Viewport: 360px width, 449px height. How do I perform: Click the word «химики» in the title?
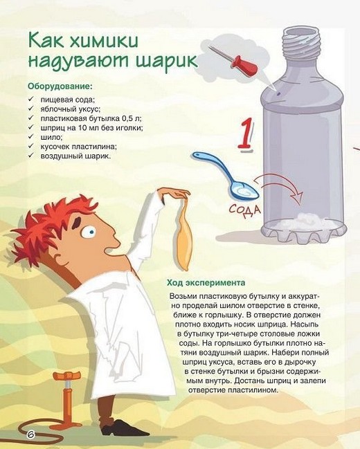point(105,41)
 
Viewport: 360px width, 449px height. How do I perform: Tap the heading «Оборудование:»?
point(60,86)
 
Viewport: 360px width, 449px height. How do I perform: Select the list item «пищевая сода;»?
point(68,100)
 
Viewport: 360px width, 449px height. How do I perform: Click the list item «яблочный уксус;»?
point(71,109)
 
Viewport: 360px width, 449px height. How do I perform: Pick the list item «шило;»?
point(51,137)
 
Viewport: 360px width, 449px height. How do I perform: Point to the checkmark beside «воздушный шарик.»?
point(31,156)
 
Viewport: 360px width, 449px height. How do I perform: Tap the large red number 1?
point(245,134)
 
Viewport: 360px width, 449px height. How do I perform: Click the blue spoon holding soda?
point(226,175)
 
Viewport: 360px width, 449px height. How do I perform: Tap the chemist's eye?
point(89,231)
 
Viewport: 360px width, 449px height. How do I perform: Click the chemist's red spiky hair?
point(50,224)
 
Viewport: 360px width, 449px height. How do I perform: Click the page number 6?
point(30,434)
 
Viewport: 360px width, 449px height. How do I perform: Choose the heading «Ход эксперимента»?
point(206,283)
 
